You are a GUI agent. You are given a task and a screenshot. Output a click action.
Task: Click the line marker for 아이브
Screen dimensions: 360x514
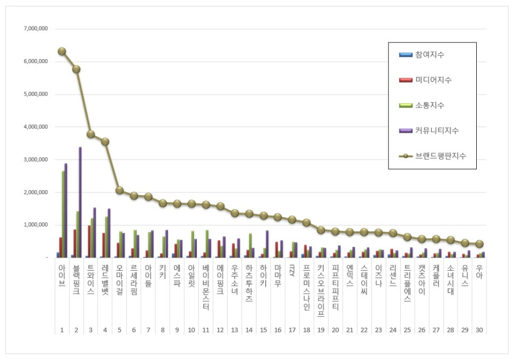click(x=62, y=52)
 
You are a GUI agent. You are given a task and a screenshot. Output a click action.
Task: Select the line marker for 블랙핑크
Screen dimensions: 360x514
click(x=76, y=69)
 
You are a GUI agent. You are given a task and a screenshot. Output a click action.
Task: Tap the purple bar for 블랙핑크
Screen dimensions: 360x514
click(x=80, y=202)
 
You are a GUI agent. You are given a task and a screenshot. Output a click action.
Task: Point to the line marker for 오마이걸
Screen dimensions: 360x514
click(x=120, y=190)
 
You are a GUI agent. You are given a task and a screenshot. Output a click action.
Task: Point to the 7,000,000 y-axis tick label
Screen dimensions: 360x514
click(x=36, y=29)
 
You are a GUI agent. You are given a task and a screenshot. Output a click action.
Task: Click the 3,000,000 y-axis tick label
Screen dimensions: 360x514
click(x=36, y=160)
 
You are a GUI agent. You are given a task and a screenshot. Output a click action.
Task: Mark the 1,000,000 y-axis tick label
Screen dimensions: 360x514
click(x=36, y=225)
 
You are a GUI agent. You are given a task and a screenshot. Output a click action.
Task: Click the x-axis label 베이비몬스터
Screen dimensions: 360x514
click(x=206, y=288)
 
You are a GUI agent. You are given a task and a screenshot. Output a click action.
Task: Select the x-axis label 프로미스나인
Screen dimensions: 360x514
click(x=306, y=288)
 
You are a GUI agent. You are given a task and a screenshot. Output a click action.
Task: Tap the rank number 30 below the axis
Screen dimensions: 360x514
click(x=479, y=330)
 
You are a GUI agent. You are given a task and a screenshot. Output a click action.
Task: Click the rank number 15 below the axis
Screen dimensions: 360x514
click(x=263, y=330)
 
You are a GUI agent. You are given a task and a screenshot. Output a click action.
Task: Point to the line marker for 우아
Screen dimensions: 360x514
click(x=479, y=244)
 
